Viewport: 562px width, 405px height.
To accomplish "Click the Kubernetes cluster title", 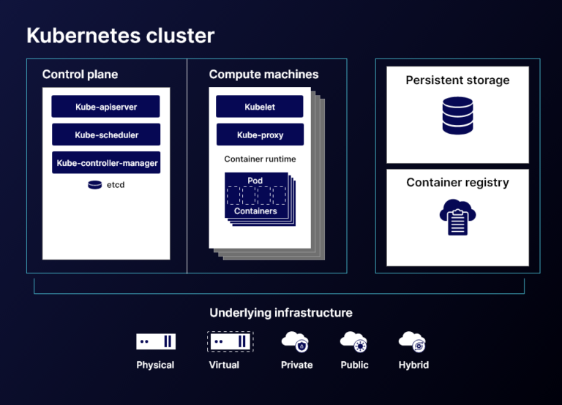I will point(121,35).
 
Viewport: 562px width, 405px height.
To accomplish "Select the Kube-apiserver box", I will point(106,107).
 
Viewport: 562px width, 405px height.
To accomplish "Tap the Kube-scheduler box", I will point(106,135).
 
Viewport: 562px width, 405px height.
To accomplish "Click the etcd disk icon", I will point(94,185).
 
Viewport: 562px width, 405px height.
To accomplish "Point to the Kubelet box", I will point(260,107).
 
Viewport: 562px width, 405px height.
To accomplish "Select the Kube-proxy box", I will point(260,135).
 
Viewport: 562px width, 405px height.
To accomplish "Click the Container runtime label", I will point(260,159).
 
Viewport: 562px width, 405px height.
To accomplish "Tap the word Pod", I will point(255,181).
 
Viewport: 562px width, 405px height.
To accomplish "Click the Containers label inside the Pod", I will point(255,211).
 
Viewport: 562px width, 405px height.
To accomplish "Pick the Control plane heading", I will point(80,75).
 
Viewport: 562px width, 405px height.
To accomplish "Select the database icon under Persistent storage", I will point(457,117).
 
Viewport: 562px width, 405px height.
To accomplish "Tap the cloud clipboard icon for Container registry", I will point(457,217).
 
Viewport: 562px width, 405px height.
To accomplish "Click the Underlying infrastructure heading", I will point(281,313).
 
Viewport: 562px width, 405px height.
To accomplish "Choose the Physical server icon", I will point(156,341).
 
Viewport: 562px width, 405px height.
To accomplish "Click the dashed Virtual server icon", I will point(229,341).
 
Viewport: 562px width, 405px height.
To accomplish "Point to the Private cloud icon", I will point(296,341).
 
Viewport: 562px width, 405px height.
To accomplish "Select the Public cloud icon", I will point(354,341).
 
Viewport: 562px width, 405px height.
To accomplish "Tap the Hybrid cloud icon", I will point(412,341).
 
